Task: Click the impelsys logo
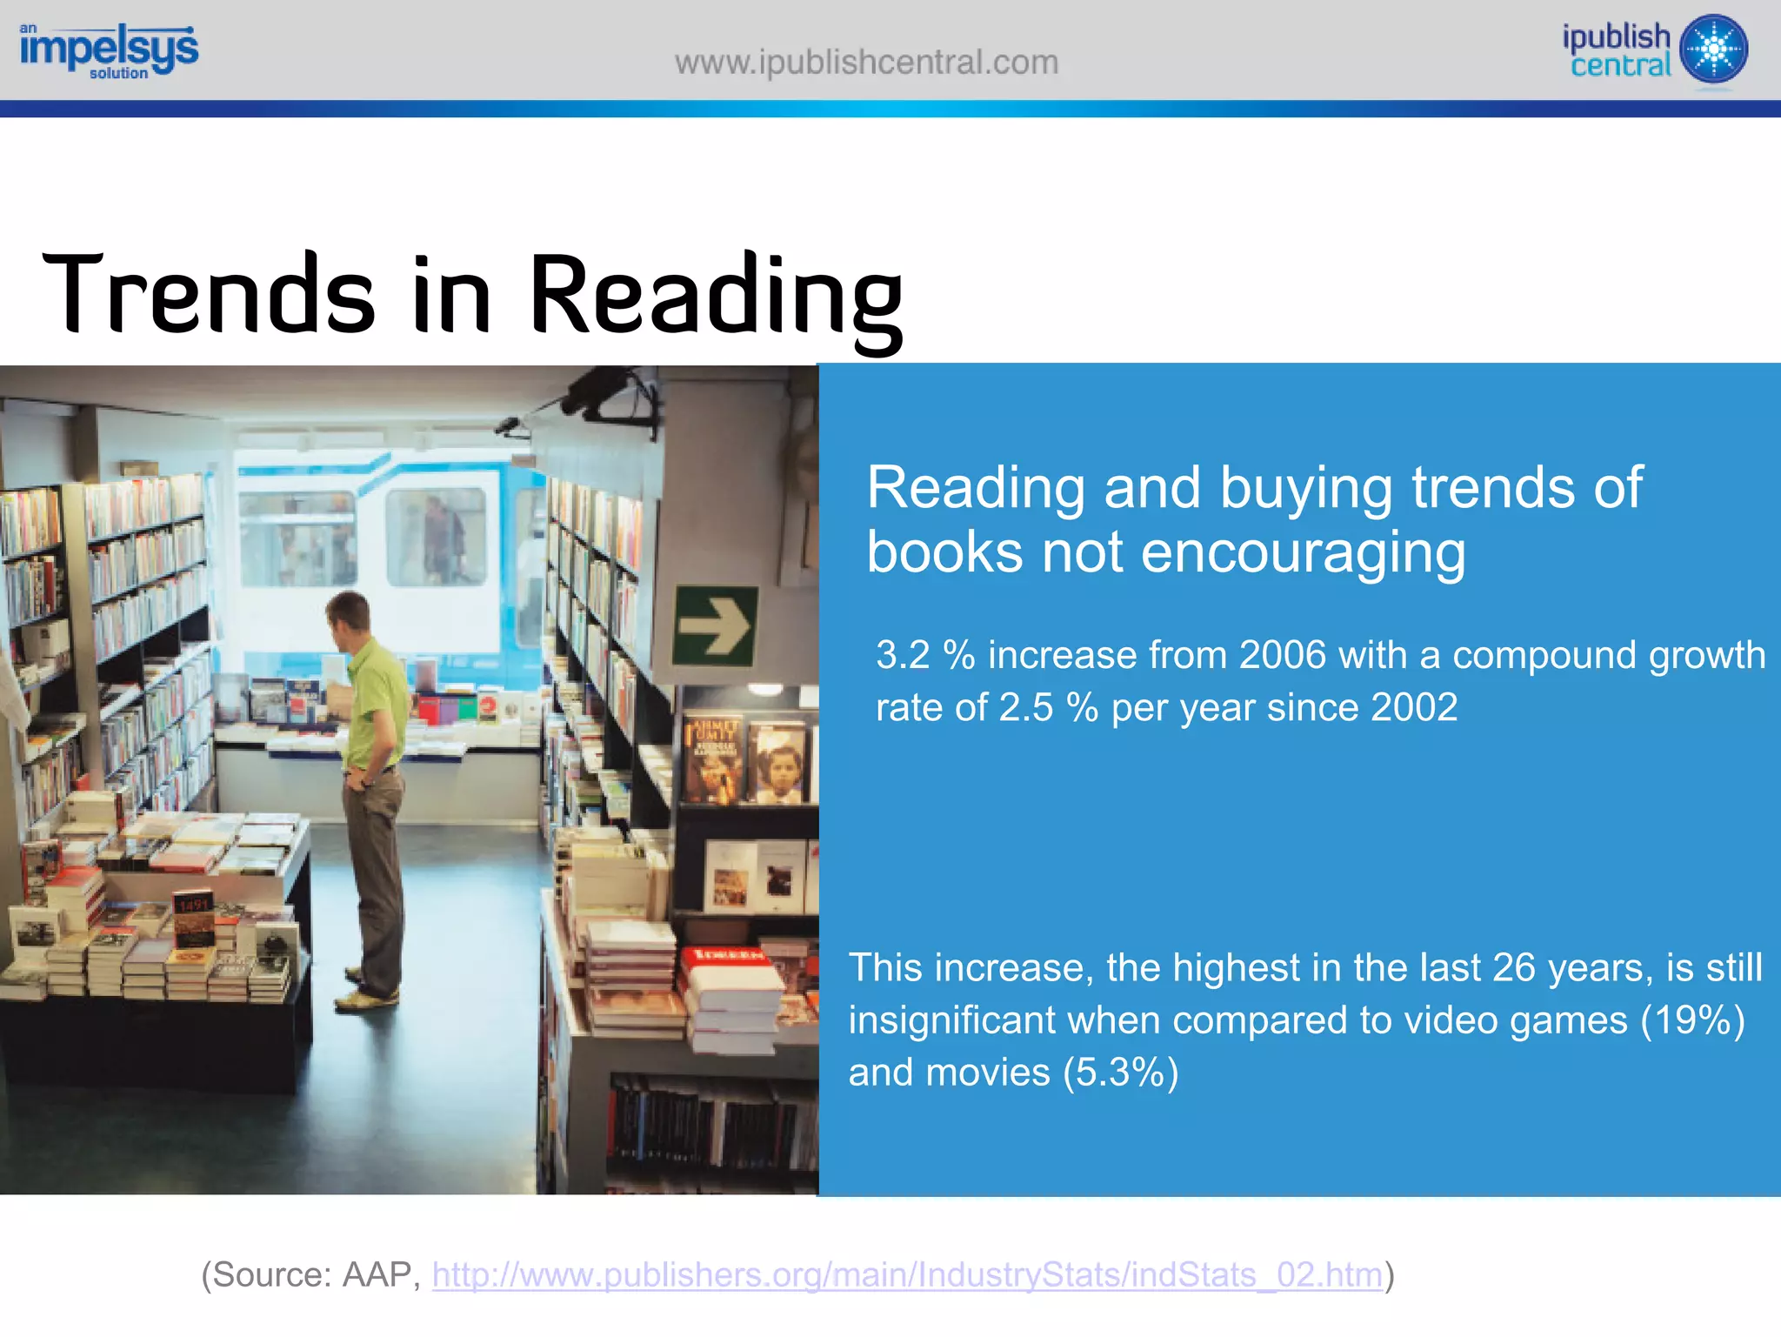(x=109, y=50)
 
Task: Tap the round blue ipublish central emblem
(x=1713, y=50)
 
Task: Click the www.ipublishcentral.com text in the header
(x=866, y=63)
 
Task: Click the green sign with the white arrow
(x=715, y=625)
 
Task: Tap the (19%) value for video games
(x=1692, y=1020)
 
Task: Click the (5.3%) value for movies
(x=1120, y=1073)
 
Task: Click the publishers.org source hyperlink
(x=907, y=1275)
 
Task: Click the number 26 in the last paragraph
(x=1514, y=968)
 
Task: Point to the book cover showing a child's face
(x=779, y=765)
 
